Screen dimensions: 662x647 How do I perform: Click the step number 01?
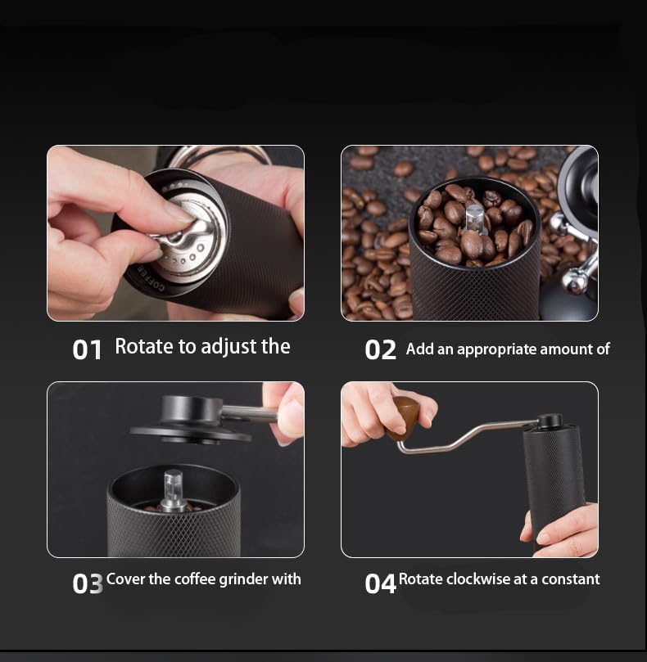[x=87, y=349]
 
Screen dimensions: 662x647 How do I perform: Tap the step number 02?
[x=380, y=350]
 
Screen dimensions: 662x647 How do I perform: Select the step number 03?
[x=87, y=583]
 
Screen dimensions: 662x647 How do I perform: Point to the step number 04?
[x=380, y=583]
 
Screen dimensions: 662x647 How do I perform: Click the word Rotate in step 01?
[x=143, y=347]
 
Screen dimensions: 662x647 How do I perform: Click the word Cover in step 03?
[x=125, y=579]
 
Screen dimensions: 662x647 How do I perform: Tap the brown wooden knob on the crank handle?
[x=405, y=414]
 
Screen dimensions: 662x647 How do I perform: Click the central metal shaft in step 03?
[x=173, y=490]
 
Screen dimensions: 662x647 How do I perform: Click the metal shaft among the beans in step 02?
[x=473, y=220]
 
